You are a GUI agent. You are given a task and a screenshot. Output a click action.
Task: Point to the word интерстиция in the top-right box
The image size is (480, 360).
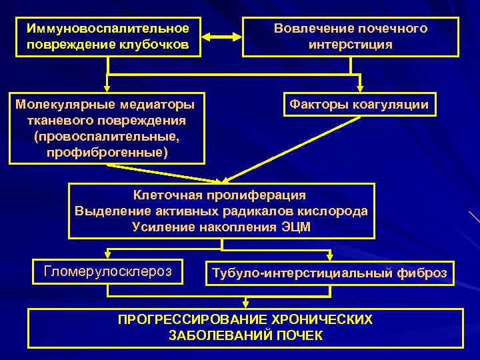point(351,45)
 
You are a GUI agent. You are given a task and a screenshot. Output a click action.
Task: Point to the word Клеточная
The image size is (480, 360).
point(165,195)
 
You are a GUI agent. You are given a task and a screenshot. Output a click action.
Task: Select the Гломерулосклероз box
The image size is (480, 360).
point(107,271)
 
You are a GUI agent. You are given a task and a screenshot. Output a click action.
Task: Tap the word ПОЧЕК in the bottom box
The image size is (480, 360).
point(299,335)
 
